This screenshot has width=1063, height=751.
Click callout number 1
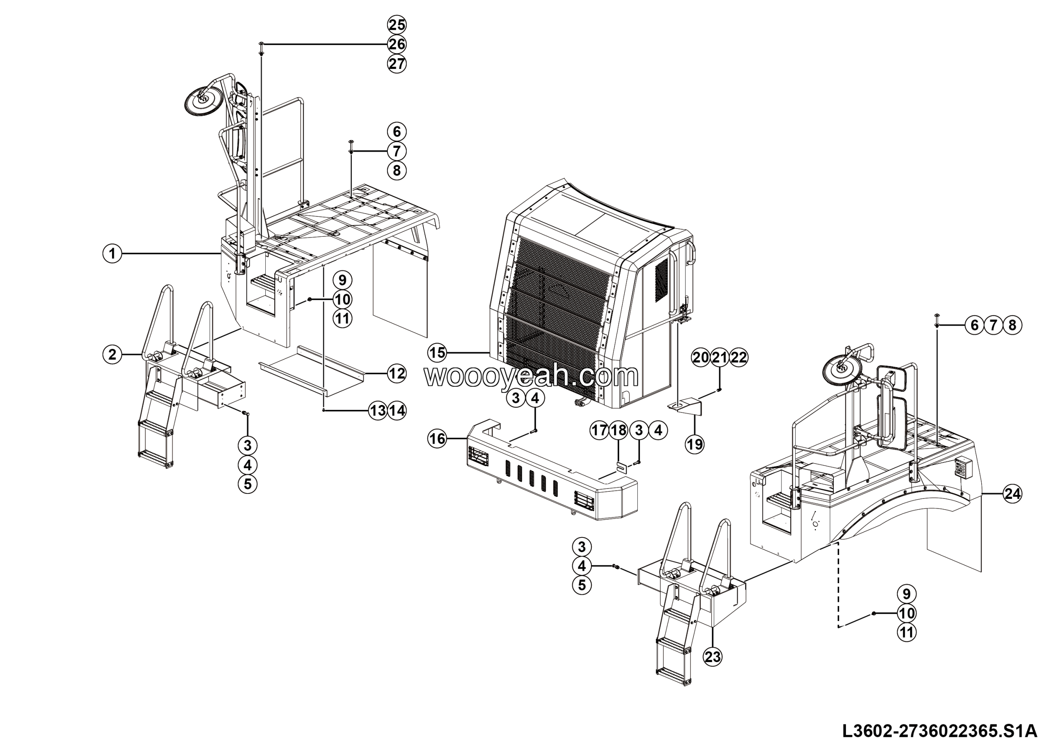click(x=112, y=254)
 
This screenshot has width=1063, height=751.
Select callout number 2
click(x=112, y=355)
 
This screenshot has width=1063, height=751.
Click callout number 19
click(x=694, y=444)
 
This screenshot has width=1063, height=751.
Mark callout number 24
click(x=1012, y=494)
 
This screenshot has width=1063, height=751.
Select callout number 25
click(x=397, y=25)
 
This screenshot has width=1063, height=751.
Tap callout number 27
click(x=397, y=64)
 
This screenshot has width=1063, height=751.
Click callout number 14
click(x=397, y=411)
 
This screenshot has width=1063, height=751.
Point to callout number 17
click(x=599, y=431)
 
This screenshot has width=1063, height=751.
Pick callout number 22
click(x=739, y=358)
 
